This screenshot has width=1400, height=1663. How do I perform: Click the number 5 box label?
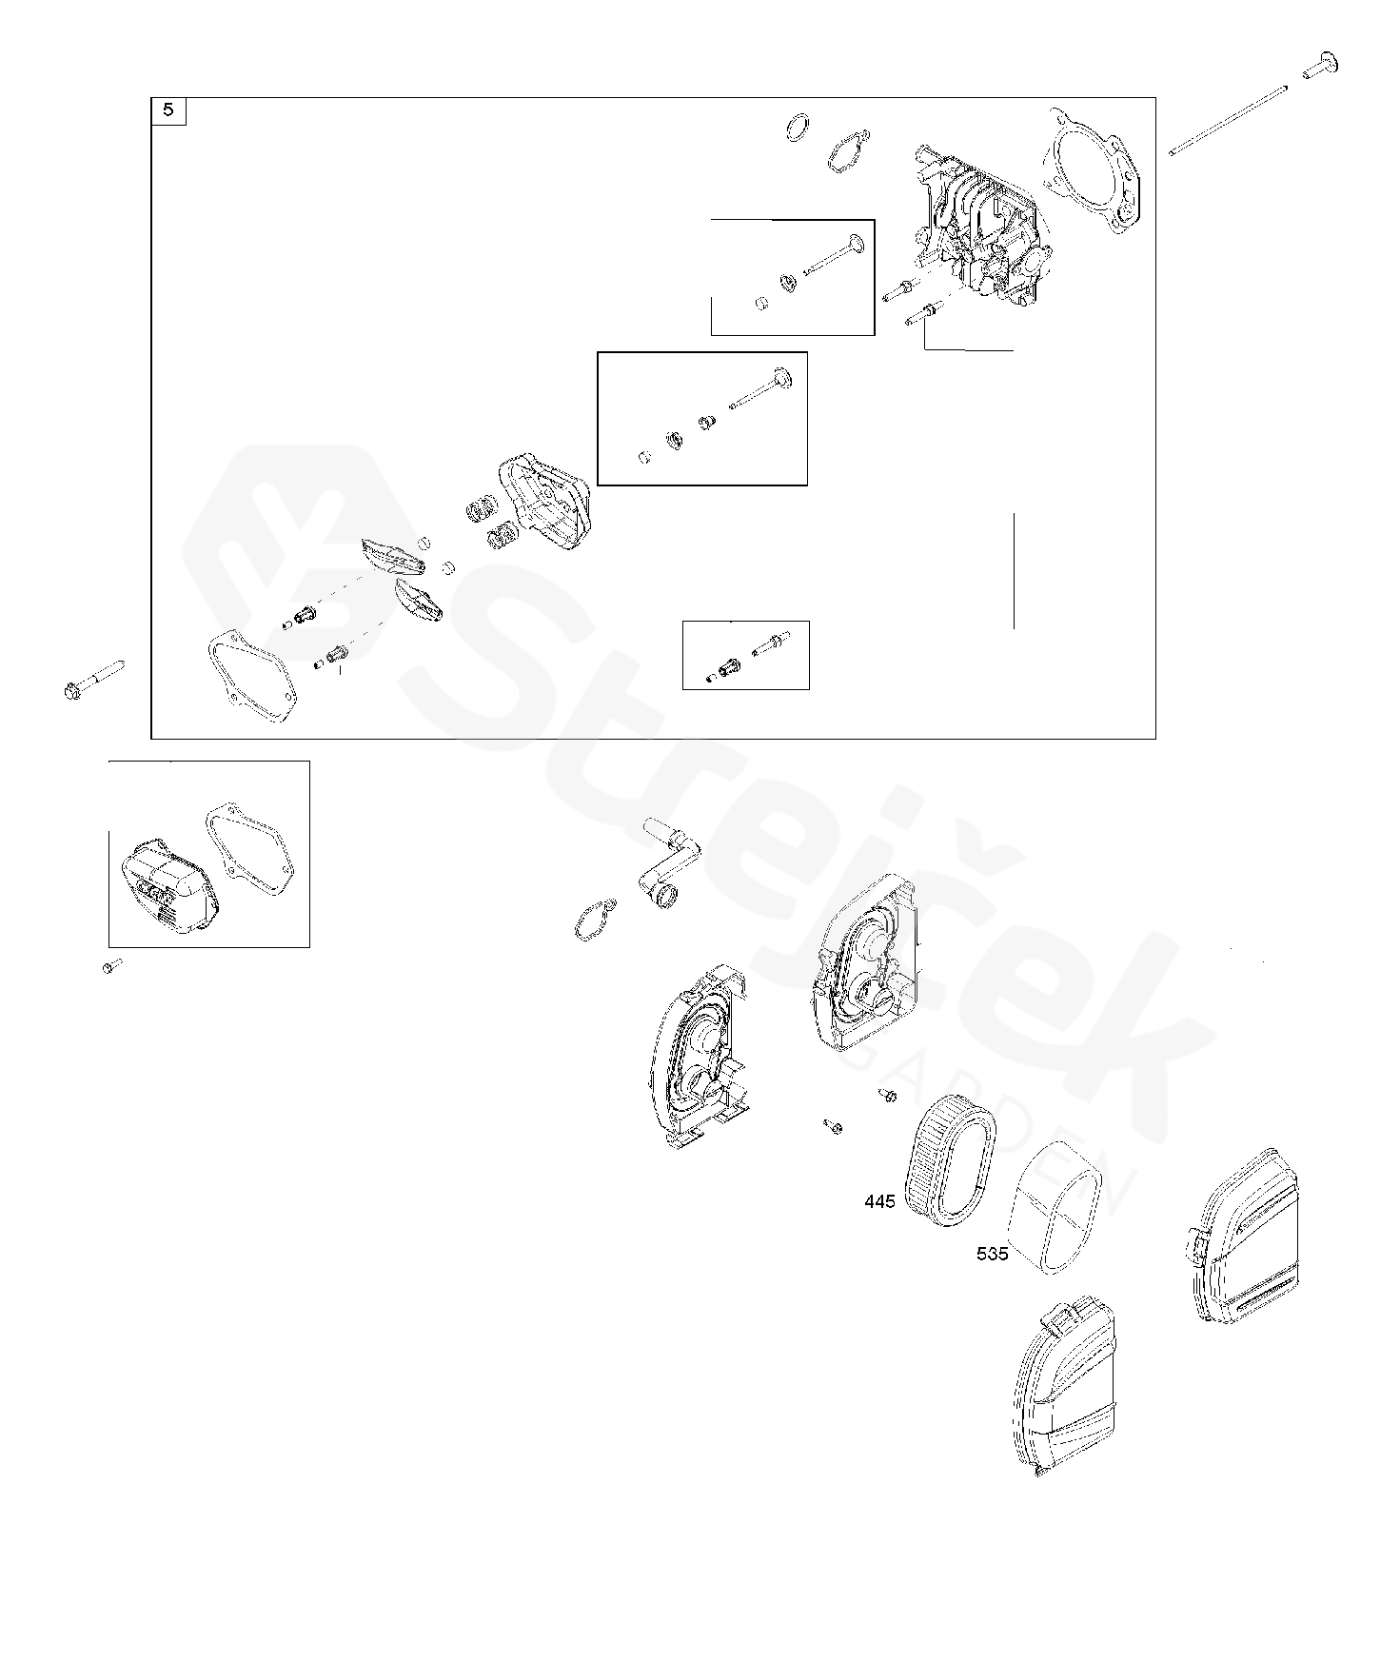pos(168,110)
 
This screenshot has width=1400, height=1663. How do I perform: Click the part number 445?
pos(879,1202)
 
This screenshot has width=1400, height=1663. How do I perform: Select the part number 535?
pos(992,1254)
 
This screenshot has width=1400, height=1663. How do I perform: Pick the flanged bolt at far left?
pos(95,678)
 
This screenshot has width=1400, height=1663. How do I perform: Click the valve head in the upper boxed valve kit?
pos(854,246)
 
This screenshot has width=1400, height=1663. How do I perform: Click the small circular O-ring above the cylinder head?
pos(799,127)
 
